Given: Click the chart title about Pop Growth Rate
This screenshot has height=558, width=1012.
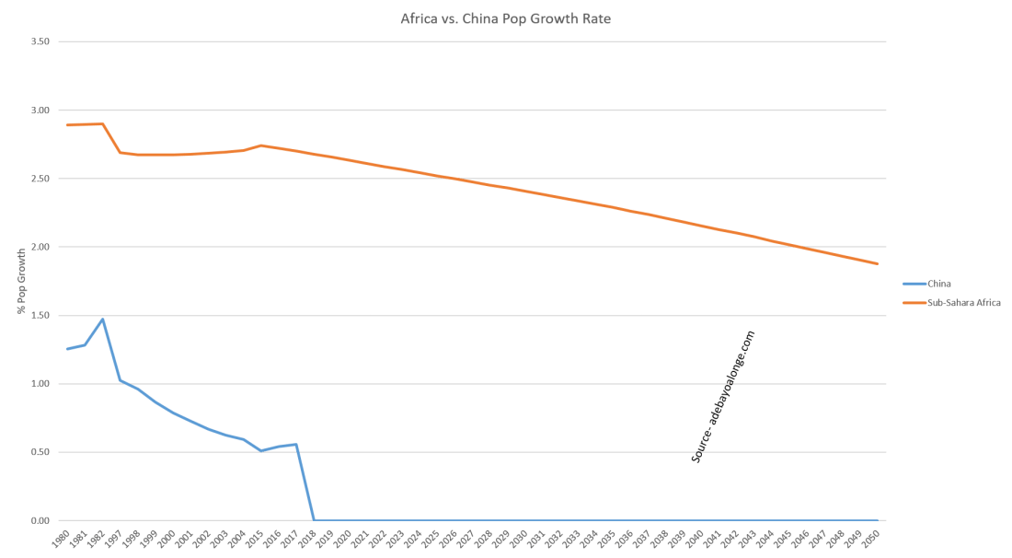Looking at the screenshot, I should coord(505,18).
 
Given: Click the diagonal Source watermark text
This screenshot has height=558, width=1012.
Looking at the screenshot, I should coord(723,396).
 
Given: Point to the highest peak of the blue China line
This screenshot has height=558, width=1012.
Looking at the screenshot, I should coord(102,320).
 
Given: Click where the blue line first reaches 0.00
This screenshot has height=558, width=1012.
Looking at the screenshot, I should coord(314,520).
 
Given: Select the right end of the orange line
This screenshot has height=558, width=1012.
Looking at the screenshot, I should coord(879,263).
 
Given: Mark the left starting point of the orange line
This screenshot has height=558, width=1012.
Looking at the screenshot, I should coord(67,124).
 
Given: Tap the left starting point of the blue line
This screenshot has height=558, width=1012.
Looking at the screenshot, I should coord(67,349).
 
